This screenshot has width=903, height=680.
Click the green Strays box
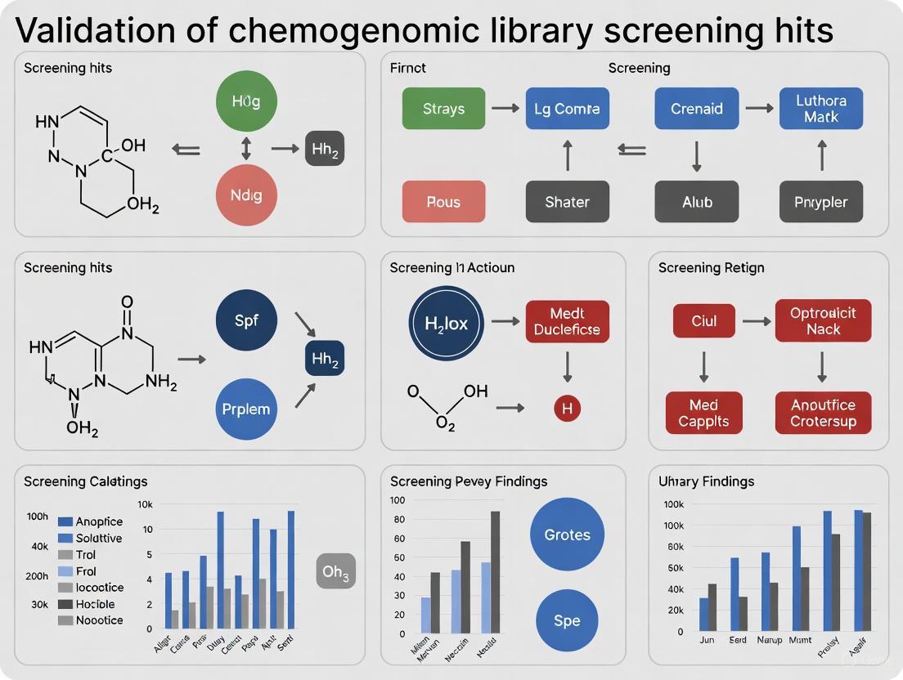click(x=443, y=109)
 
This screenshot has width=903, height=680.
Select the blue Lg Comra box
click(x=566, y=109)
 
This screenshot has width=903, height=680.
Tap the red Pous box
click(x=443, y=202)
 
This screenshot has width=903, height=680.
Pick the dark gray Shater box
click(x=566, y=202)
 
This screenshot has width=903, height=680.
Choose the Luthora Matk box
click(x=820, y=109)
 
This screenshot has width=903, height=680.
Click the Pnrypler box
click(x=820, y=202)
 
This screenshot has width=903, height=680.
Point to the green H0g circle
click(x=246, y=102)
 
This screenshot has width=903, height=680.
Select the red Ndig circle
click(x=246, y=196)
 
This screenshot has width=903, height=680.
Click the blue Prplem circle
click(x=246, y=409)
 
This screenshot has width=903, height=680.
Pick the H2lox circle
click(x=447, y=324)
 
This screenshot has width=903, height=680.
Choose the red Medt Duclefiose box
click(x=567, y=321)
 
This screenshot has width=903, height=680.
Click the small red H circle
click(x=567, y=408)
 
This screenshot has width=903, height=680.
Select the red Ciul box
click(x=703, y=321)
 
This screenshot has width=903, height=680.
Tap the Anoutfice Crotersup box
click(x=823, y=413)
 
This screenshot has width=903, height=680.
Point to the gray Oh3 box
click(x=335, y=571)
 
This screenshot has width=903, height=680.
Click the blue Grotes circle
click(x=567, y=535)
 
